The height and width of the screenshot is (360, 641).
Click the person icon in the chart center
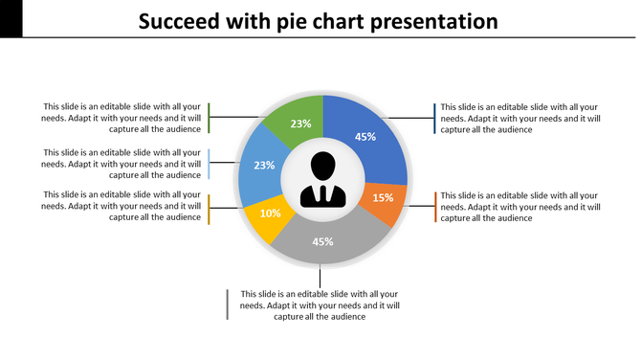pyautogui.click(x=322, y=180)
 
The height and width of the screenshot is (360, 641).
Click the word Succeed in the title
pyautogui.click(x=177, y=21)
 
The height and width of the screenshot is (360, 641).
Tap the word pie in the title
pyautogui.click(x=287, y=21)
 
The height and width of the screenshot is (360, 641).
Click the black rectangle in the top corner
pyautogui.click(x=11, y=18)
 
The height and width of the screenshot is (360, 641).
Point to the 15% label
pyautogui.click(x=383, y=198)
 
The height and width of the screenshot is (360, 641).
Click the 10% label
pyautogui.click(x=270, y=214)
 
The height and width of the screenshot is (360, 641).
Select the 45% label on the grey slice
pyautogui.click(x=322, y=241)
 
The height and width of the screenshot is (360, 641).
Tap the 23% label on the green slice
pyautogui.click(x=300, y=124)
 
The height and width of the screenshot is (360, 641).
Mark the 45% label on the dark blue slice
pyautogui.click(x=365, y=137)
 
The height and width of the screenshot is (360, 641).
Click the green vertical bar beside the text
pyautogui.click(x=209, y=118)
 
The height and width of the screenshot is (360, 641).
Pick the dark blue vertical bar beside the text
pyautogui.click(x=434, y=118)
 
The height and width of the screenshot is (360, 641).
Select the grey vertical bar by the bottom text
pyautogui.click(x=227, y=304)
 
